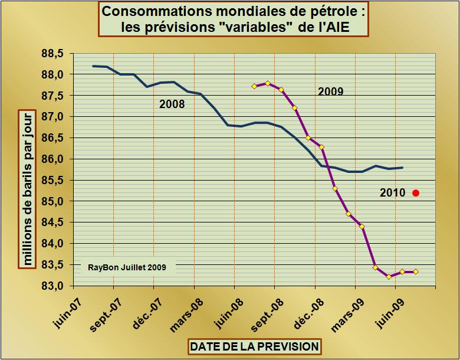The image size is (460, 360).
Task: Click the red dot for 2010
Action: point(416,192)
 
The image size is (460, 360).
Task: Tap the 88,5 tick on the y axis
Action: point(52,54)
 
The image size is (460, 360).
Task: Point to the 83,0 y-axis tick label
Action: point(52,286)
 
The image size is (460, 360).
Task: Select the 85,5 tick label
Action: point(52,181)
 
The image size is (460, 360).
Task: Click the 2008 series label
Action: point(172,104)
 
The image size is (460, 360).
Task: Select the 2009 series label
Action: point(330,91)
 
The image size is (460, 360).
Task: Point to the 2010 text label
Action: point(392,192)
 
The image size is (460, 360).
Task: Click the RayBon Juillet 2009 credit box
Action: point(127,267)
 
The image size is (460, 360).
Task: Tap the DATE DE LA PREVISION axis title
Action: point(255,346)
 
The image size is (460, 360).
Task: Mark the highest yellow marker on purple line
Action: point(268,83)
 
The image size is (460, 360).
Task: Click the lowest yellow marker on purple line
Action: point(389,276)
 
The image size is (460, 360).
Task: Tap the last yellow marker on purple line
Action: point(416,271)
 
